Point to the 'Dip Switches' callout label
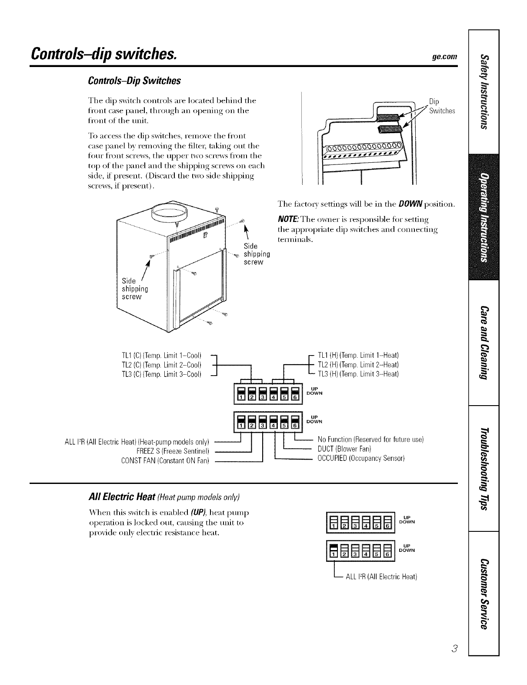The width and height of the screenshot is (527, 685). click(441, 106)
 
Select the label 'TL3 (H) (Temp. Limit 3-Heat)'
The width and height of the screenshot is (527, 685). click(358, 374)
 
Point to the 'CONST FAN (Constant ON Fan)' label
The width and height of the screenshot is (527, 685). click(167, 460)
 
